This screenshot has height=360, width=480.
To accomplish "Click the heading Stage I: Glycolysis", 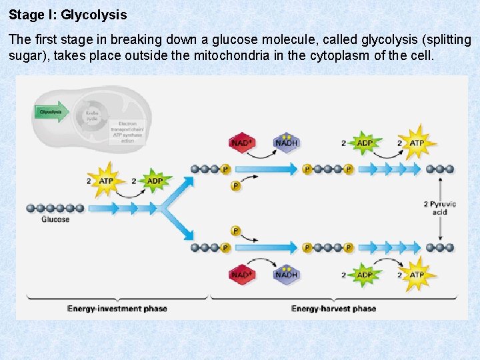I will click(67, 14).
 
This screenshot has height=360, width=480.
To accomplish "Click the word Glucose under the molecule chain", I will click(55, 219).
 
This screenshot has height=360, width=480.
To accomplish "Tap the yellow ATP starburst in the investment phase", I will click(105, 181).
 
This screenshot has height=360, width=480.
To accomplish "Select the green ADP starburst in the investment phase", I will click(155, 181).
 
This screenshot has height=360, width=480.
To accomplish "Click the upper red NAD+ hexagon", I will click(241, 143).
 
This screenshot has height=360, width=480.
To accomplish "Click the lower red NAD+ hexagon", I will click(241, 275).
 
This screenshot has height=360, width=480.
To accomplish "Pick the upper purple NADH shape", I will click(286, 143).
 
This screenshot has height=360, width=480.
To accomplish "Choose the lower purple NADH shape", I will click(286, 275).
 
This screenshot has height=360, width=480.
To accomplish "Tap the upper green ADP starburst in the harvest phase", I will click(365, 143).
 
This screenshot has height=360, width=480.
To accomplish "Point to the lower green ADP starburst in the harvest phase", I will click(365, 275).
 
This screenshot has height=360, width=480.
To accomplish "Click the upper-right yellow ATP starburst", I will click(417, 143).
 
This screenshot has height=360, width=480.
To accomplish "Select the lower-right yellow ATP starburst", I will click(417, 275).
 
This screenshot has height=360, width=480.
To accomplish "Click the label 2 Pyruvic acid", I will click(439, 208).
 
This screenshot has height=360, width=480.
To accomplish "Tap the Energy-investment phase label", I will click(117, 309).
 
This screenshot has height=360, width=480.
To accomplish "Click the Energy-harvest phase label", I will click(333, 309).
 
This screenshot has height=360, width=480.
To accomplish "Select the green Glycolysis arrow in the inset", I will click(51, 112).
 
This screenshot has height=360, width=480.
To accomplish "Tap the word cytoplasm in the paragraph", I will click(339, 55).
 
